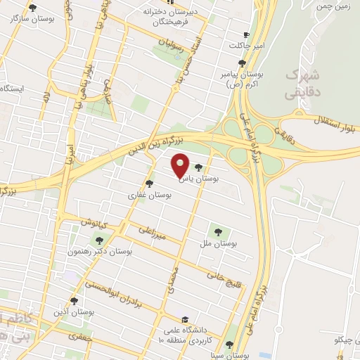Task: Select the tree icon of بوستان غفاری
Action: (x=149, y=184)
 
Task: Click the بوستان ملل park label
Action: (x=217, y=243)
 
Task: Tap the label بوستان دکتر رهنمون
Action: (x=101, y=251)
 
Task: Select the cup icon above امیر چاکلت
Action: (x=245, y=35)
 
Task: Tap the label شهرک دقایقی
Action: (x=302, y=83)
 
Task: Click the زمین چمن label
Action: (x=335, y=5)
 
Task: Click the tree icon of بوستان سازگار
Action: (x=33, y=8)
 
